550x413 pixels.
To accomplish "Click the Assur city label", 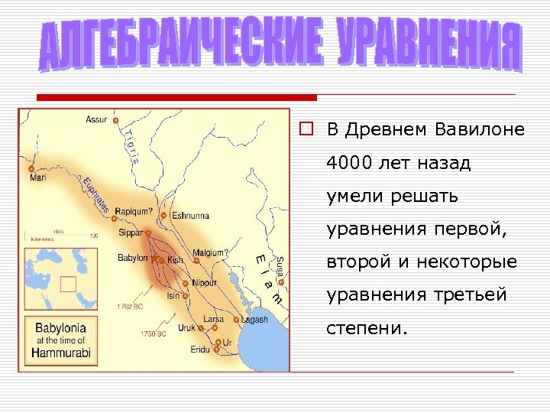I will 96,119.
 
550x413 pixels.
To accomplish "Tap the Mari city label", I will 38,178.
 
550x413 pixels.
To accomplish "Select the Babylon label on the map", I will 132,259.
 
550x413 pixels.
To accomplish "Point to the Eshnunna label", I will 190,216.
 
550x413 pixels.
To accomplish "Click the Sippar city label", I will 131,231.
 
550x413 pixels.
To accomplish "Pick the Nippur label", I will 204,282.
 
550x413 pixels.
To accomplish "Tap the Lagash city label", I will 255,320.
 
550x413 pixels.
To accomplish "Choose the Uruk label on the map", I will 186,327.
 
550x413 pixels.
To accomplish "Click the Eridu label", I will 200,349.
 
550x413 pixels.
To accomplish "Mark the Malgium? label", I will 210,252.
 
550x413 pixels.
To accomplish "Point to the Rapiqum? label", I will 134,211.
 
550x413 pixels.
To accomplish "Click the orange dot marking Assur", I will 115,121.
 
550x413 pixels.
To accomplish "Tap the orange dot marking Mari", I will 31,168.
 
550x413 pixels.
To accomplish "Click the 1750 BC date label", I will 153,333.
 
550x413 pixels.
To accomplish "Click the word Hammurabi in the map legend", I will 61,353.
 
